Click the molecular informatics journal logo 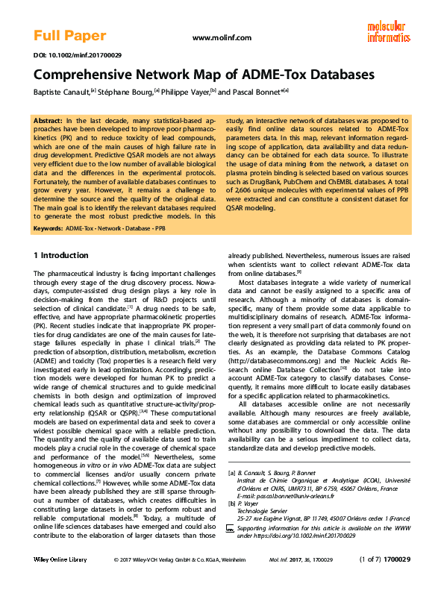pyautogui.click(x=388, y=31)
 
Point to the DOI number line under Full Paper pyautogui.click(x=67, y=55)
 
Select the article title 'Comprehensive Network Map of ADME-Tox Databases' pyautogui.click(x=204, y=75)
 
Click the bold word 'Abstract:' pyautogui.click(x=49, y=120)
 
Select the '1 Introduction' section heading pyautogui.click(x=60, y=256)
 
